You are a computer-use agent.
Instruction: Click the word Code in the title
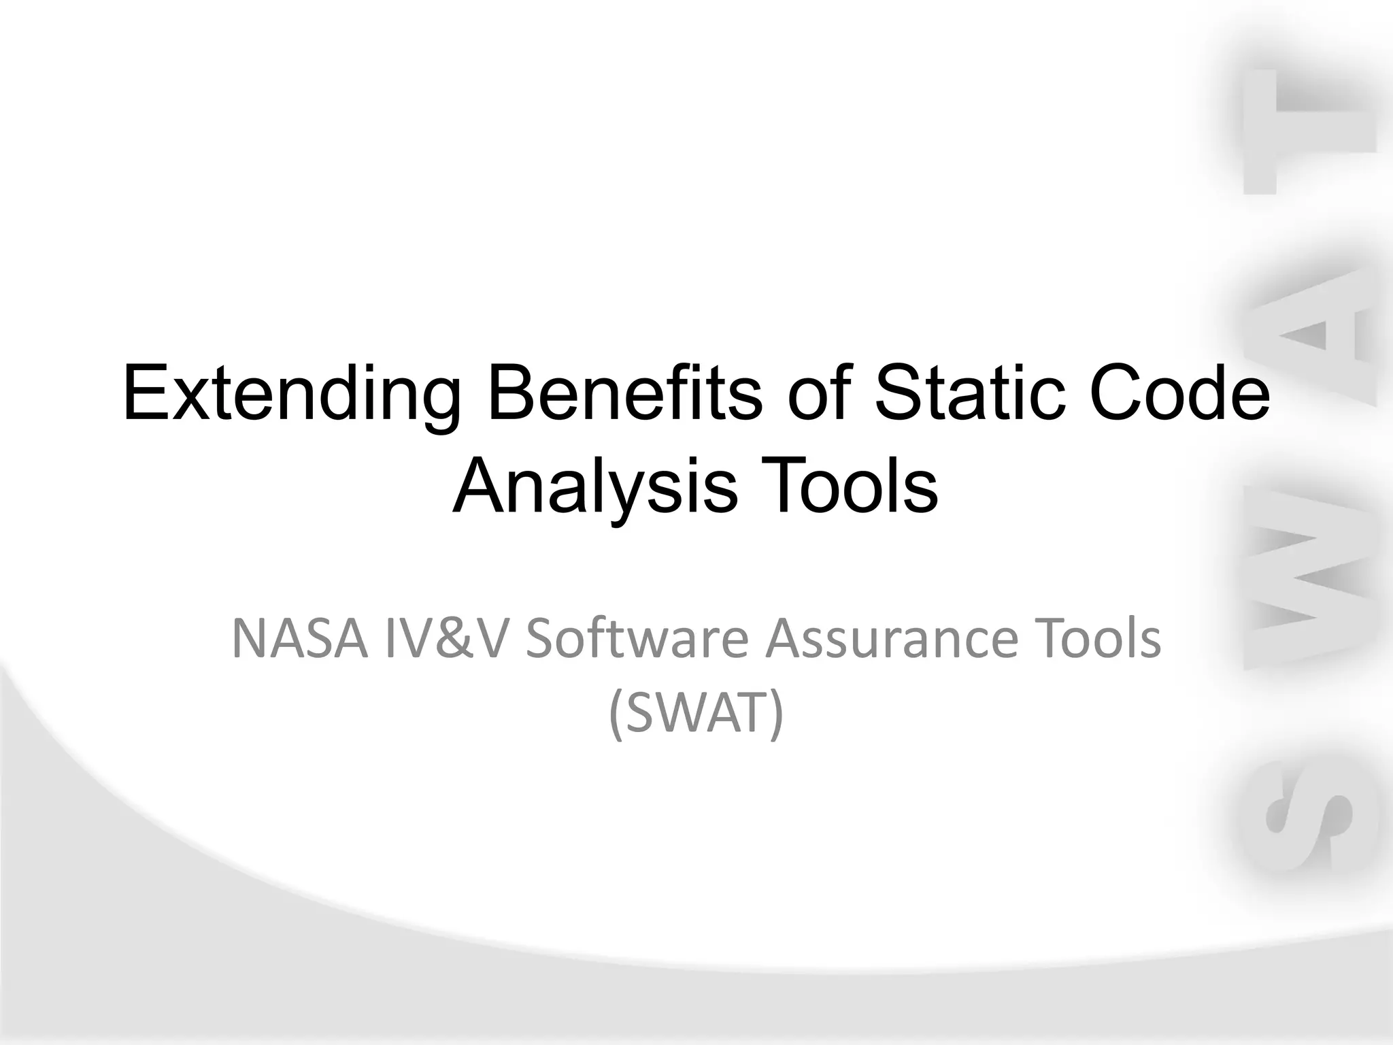click(1194, 395)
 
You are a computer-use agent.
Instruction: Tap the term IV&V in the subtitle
click(446, 640)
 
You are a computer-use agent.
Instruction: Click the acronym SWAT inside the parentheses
click(695, 714)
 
